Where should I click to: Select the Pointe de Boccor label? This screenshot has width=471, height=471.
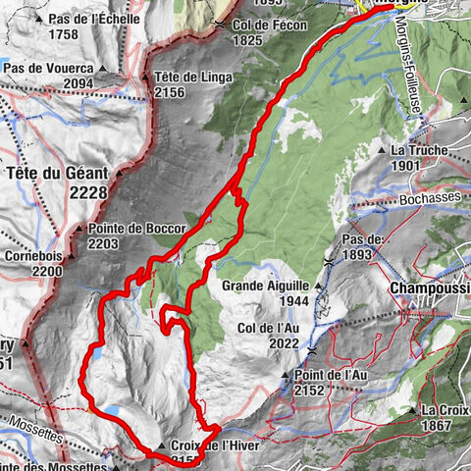click(x=135, y=228)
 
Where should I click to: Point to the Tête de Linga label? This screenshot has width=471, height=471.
click(x=180, y=78)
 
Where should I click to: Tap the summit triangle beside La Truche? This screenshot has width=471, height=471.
click(x=384, y=151)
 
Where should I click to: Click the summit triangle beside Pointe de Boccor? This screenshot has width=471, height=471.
click(x=79, y=229)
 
